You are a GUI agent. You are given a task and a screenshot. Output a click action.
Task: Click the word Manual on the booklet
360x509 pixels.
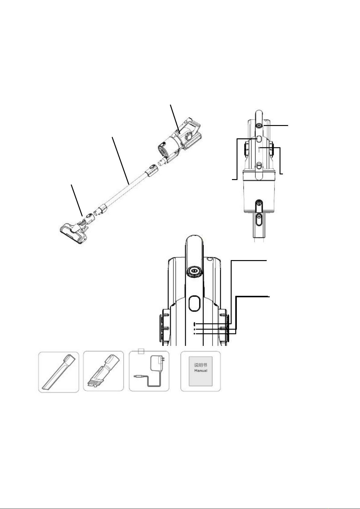pyautogui.click(x=201, y=370)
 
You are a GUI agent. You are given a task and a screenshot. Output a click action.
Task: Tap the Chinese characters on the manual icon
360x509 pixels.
pyautogui.click(x=201, y=365)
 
